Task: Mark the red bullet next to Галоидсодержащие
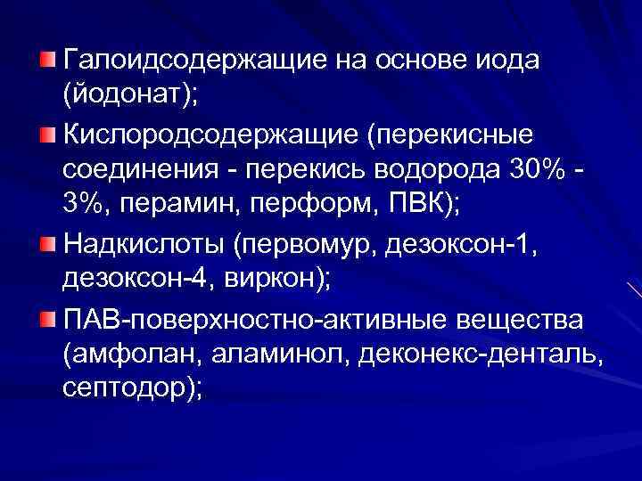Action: [x=47, y=60]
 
